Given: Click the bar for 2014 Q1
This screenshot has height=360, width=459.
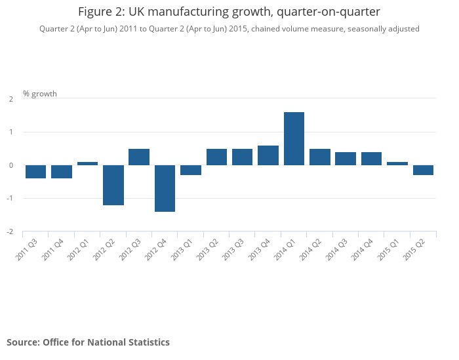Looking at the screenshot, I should point(294,138).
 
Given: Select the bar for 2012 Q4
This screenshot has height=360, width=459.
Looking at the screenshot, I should point(165,188).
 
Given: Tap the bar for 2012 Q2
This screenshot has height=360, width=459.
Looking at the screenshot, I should point(113,185).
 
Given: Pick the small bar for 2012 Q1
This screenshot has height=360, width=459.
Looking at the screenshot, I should point(87,163).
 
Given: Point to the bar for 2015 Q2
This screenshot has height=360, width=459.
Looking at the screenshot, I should point(423,170).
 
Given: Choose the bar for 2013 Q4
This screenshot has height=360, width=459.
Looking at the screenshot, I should point(268,155).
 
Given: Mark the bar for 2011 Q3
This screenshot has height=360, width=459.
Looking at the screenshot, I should point(35,172).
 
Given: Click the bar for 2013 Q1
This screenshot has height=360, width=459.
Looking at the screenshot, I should point(191,170).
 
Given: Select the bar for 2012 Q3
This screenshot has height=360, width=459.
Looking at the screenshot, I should point(139,157).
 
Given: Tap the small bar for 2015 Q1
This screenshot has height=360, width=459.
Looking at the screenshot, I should point(397,163).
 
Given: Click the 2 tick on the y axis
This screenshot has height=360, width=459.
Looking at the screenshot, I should point(10,99).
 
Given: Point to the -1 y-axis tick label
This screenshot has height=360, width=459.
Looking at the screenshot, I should point(10,199).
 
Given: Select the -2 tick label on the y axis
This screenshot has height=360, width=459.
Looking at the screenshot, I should point(10,232).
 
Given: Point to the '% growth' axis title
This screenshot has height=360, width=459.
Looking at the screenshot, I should point(40,94).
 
